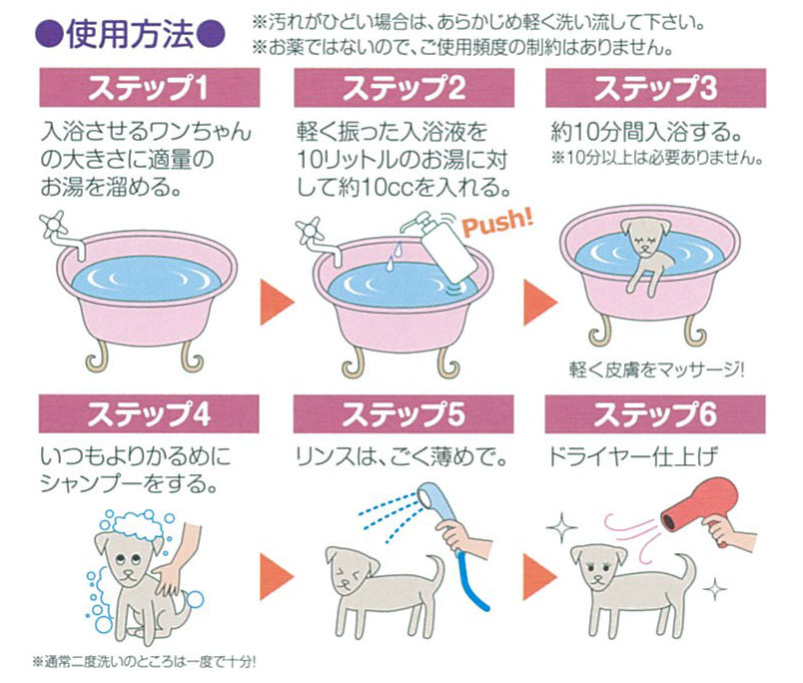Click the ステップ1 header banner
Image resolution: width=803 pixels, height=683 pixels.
(150, 88)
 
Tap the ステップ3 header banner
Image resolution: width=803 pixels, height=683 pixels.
(655, 88)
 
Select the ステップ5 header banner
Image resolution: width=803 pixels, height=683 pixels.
(403, 414)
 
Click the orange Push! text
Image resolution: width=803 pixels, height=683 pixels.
(496, 223)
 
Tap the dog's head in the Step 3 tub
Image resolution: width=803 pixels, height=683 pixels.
(645, 237)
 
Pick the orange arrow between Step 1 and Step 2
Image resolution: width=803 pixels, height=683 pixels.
(277, 303)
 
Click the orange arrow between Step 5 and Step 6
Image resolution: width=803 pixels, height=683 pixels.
(539, 577)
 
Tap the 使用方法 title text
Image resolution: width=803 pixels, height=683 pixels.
(130, 34)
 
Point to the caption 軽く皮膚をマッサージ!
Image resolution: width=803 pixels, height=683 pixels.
(656, 369)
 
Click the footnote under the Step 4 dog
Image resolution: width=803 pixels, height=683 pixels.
(145, 662)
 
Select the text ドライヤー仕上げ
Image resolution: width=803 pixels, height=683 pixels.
(632, 456)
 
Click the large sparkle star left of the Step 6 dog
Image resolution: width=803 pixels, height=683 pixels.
(561, 527)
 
